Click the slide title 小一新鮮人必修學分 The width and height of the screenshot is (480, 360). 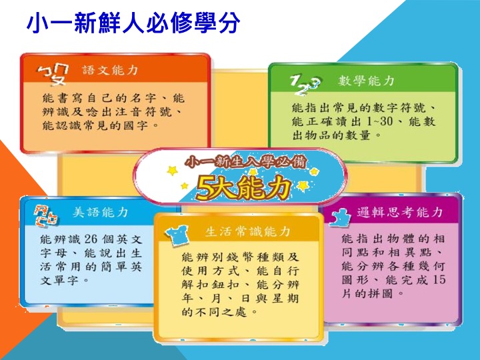(x=133, y=23)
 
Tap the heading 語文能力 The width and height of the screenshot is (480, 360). (x=111, y=71)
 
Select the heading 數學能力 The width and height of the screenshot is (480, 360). (x=366, y=81)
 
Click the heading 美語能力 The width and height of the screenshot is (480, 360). (x=101, y=212)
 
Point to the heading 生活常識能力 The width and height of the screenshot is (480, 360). (x=247, y=231)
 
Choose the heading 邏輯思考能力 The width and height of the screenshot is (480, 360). (x=400, y=212)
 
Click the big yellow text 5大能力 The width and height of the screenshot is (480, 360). (x=243, y=187)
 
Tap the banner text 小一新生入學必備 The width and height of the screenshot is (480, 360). (x=245, y=161)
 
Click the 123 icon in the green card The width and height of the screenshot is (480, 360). (x=305, y=84)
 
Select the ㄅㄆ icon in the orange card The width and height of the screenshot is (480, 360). (x=53, y=75)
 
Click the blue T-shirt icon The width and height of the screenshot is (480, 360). (x=177, y=236)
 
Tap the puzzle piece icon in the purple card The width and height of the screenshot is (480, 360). (x=340, y=217)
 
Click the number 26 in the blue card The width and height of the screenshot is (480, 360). (x=90, y=239)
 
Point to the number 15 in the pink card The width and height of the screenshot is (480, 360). (x=439, y=280)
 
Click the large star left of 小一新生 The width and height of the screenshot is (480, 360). (x=173, y=170)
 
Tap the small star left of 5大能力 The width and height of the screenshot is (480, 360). (x=184, y=185)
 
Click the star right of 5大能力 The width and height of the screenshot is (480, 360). (x=303, y=185)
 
